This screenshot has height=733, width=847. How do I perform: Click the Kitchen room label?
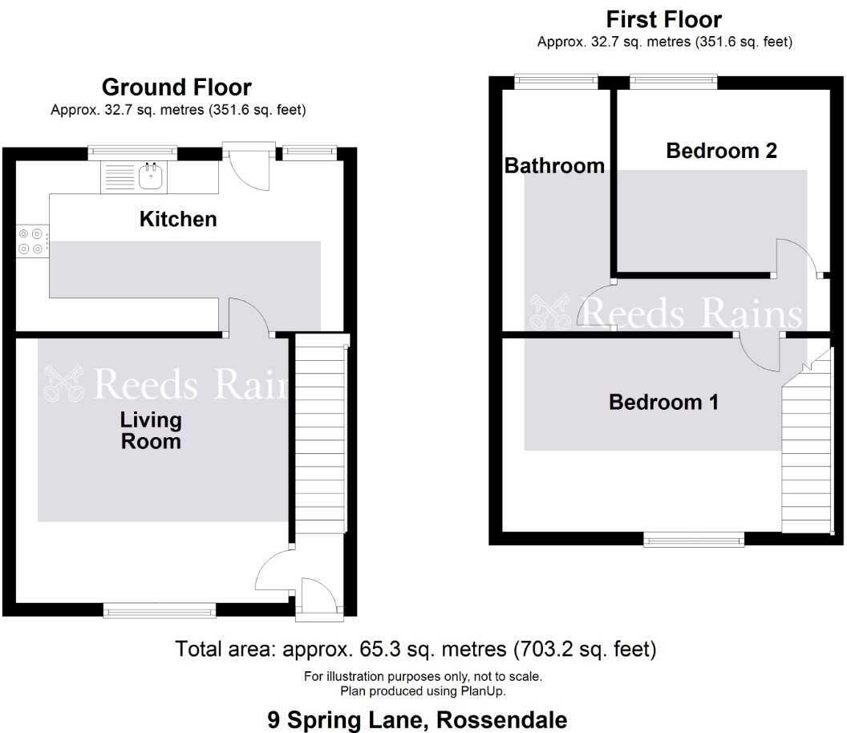178,219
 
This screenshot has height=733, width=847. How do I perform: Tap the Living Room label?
151,431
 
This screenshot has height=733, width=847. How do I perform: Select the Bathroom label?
554,165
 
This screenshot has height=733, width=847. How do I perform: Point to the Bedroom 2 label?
722,151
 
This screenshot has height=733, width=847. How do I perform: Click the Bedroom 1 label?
664,403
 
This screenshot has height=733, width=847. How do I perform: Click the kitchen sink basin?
152,176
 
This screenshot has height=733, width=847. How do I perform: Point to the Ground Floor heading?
176,87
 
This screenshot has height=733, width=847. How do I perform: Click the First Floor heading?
664,19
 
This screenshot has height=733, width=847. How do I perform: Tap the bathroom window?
556,82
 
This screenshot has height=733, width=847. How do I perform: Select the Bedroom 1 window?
694,539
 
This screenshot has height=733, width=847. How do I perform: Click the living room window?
160,610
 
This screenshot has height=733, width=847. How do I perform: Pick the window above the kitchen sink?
133,153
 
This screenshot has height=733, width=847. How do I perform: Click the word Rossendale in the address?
502,720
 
